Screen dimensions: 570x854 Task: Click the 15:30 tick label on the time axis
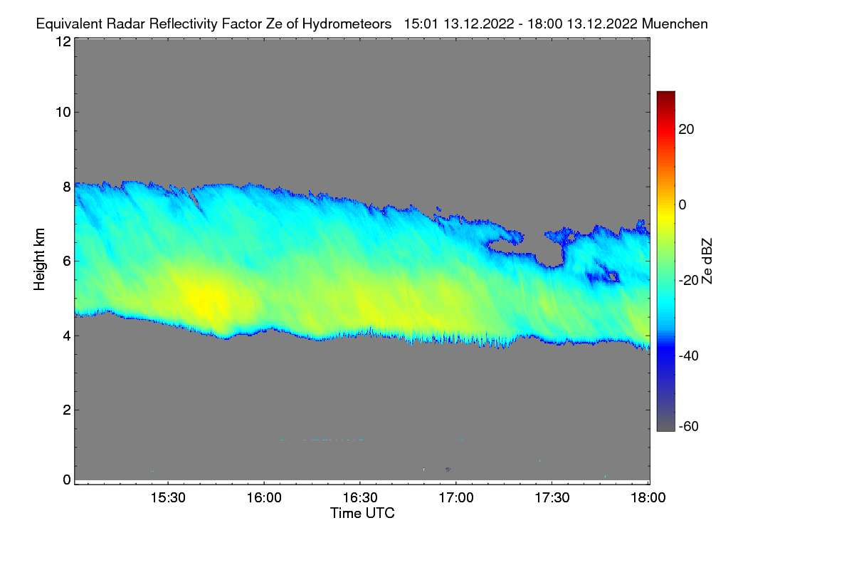(x=168, y=497)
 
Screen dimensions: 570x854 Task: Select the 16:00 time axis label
(x=264, y=497)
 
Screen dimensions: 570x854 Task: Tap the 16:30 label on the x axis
(x=360, y=497)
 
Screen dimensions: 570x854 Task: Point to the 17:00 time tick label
(x=456, y=497)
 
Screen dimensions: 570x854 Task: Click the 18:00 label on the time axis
(x=647, y=497)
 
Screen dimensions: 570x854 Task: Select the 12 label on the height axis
(x=63, y=41)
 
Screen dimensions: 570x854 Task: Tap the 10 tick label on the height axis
(x=63, y=112)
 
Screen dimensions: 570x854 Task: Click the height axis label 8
(x=66, y=187)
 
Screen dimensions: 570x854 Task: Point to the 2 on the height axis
(x=66, y=410)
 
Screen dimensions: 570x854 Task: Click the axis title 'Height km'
(x=40, y=260)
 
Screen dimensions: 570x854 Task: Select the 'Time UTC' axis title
(x=362, y=513)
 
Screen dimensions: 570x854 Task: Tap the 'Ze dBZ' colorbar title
(x=707, y=260)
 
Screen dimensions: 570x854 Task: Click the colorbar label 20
(x=687, y=130)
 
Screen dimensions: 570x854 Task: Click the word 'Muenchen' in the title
(x=675, y=24)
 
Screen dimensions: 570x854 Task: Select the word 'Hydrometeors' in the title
(x=347, y=24)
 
